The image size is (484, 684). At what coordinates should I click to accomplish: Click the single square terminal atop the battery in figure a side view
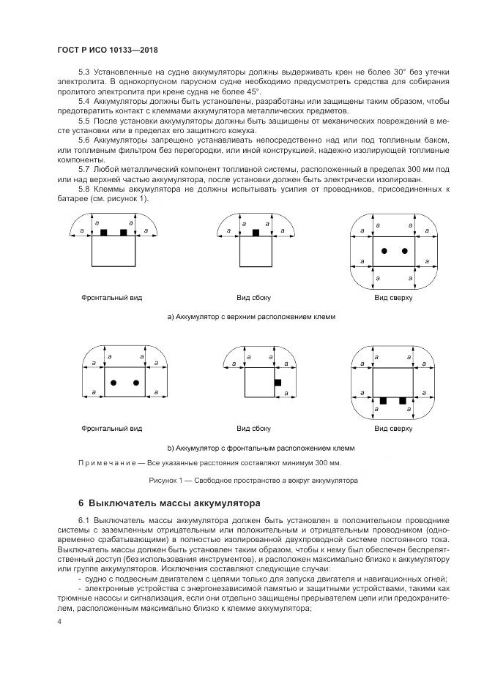(x=256, y=232)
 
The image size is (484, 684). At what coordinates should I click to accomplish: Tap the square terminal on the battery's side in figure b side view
(x=278, y=383)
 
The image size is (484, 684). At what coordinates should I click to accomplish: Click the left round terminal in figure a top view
(x=384, y=251)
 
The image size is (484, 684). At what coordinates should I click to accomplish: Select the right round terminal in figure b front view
(x=136, y=383)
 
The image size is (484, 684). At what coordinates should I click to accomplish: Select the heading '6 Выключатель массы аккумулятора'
(x=164, y=503)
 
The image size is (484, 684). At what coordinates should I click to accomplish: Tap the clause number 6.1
(x=85, y=519)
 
